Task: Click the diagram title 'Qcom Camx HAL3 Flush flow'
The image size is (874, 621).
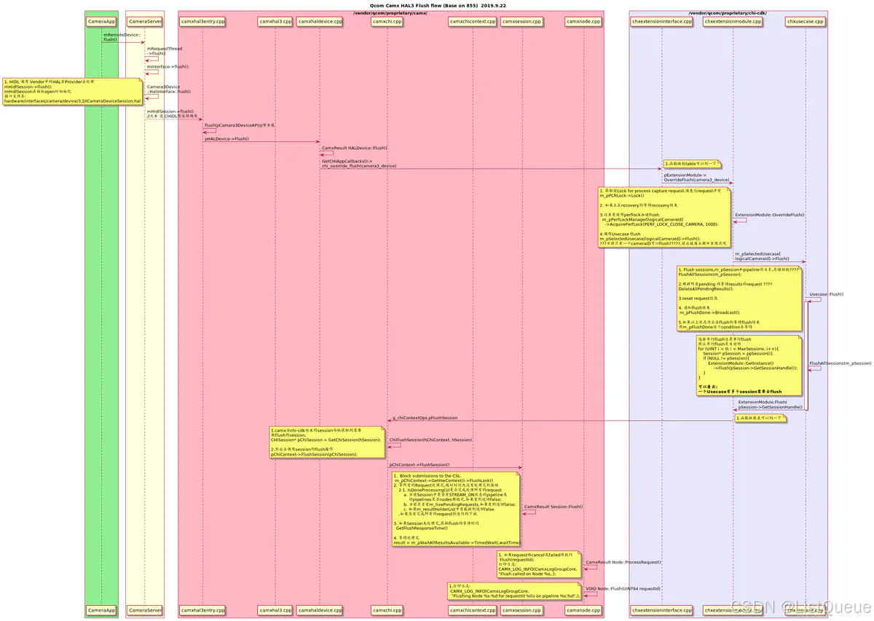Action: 437,5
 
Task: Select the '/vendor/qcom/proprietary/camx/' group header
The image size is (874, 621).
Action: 390,13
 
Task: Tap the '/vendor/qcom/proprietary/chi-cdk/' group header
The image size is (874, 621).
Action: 728,13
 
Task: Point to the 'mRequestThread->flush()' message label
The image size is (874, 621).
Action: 164,51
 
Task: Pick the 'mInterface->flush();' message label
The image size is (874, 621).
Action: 168,66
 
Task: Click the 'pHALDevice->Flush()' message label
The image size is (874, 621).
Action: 227,138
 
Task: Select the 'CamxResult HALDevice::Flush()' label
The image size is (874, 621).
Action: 355,148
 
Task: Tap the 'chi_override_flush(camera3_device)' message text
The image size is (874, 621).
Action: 359,165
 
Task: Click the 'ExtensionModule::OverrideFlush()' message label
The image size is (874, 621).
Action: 770,215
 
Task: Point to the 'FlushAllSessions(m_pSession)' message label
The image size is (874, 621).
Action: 840,363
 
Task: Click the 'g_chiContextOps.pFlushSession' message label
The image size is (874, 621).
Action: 425,418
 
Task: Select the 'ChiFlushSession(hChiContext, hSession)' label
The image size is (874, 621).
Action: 431,440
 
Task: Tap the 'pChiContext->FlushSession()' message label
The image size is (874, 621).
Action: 420,464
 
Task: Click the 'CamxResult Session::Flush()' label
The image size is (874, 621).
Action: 554,506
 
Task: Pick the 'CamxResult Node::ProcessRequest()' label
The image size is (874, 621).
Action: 623,562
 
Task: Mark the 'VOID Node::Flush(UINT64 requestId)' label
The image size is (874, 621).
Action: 623,588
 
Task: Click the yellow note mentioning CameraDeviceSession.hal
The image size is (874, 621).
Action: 72,92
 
